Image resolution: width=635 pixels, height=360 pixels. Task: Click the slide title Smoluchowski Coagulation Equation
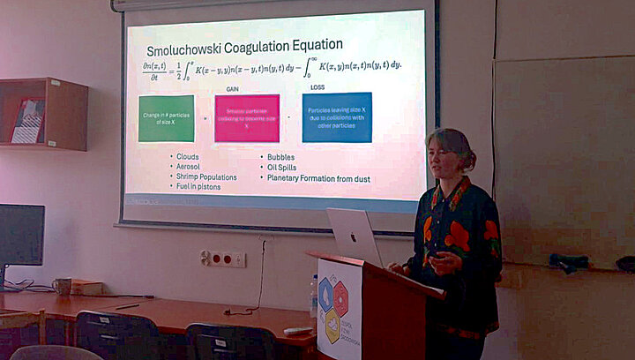(x=244, y=45)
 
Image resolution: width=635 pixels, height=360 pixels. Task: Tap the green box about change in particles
(x=166, y=118)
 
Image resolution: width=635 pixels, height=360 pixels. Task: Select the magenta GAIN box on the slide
(x=247, y=118)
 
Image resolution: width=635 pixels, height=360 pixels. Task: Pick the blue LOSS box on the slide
(x=337, y=117)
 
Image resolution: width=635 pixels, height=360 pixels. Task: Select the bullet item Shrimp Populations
(x=206, y=177)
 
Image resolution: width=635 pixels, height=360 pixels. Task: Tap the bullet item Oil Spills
(x=283, y=167)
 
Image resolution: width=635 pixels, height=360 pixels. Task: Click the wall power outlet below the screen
(x=222, y=259)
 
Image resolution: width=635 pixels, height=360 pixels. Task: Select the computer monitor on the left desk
(x=21, y=236)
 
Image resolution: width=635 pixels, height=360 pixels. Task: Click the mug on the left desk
(x=62, y=286)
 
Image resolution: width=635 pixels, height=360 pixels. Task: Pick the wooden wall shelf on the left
(x=44, y=114)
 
